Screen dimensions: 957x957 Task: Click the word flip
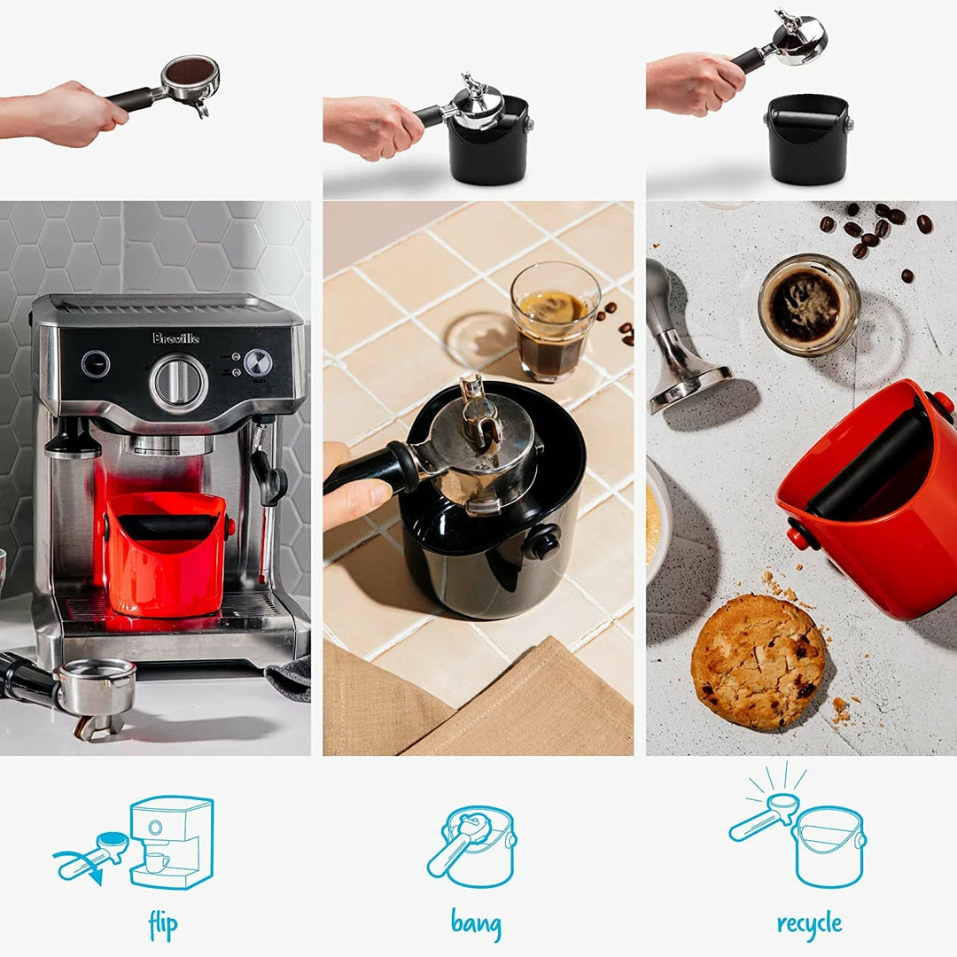163,925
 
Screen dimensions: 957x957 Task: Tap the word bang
476,923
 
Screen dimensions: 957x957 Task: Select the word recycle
809,923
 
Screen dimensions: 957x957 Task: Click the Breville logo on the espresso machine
175,338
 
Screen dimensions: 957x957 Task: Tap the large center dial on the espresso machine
179,383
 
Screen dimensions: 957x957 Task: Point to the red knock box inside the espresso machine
166,554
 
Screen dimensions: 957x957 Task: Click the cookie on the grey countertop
758,661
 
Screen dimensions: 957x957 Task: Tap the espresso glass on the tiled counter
554,321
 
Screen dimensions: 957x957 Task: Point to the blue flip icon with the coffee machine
142,842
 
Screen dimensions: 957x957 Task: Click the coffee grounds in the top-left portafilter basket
190,72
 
